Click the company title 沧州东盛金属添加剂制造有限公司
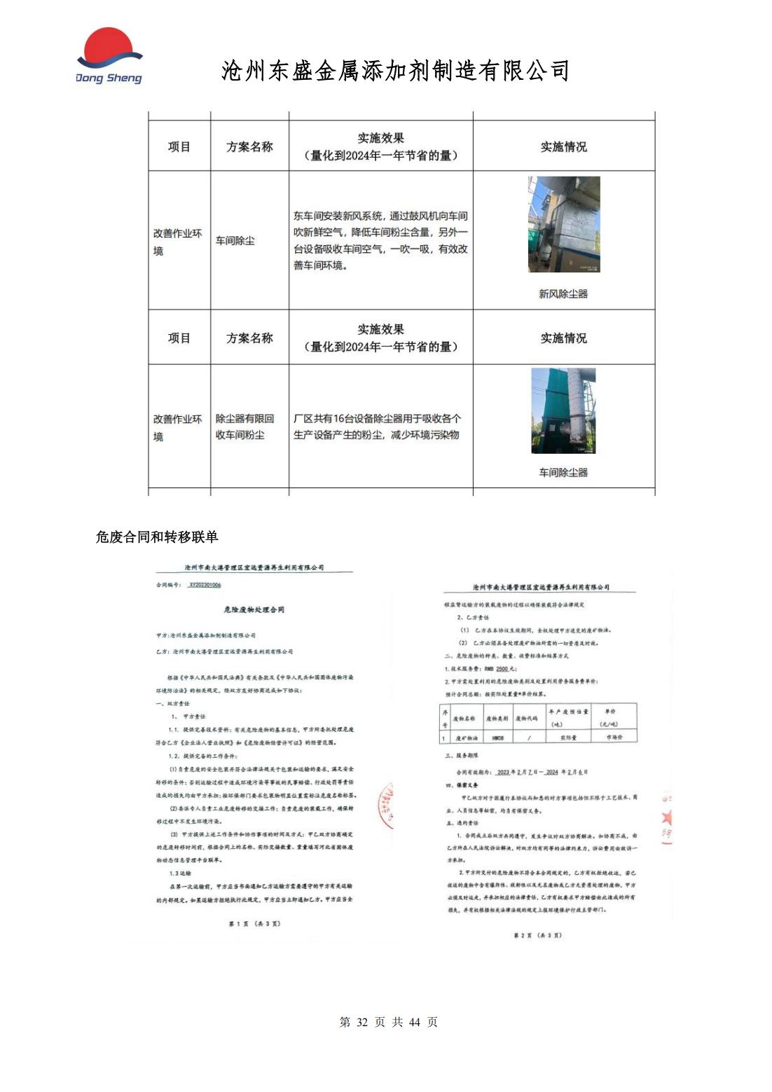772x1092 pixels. point(395,71)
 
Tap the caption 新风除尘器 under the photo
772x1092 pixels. point(563,294)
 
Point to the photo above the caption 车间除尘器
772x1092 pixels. point(563,410)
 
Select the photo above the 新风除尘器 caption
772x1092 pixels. point(564,225)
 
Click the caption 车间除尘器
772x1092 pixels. point(563,473)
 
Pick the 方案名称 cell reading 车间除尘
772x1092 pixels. point(235,241)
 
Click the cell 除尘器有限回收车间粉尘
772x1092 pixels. point(244,427)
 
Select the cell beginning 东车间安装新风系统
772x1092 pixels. point(380,241)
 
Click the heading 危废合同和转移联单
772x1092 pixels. point(157,537)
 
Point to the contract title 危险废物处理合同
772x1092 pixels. point(254,610)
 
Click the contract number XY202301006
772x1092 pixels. point(205,585)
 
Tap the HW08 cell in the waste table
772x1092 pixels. point(497,738)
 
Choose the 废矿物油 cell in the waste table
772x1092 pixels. point(467,738)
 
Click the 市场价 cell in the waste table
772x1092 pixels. point(614,738)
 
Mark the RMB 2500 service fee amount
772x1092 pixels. point(502,669)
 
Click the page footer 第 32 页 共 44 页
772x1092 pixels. point(388,1022)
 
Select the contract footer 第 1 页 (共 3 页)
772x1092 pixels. point(254,924)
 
